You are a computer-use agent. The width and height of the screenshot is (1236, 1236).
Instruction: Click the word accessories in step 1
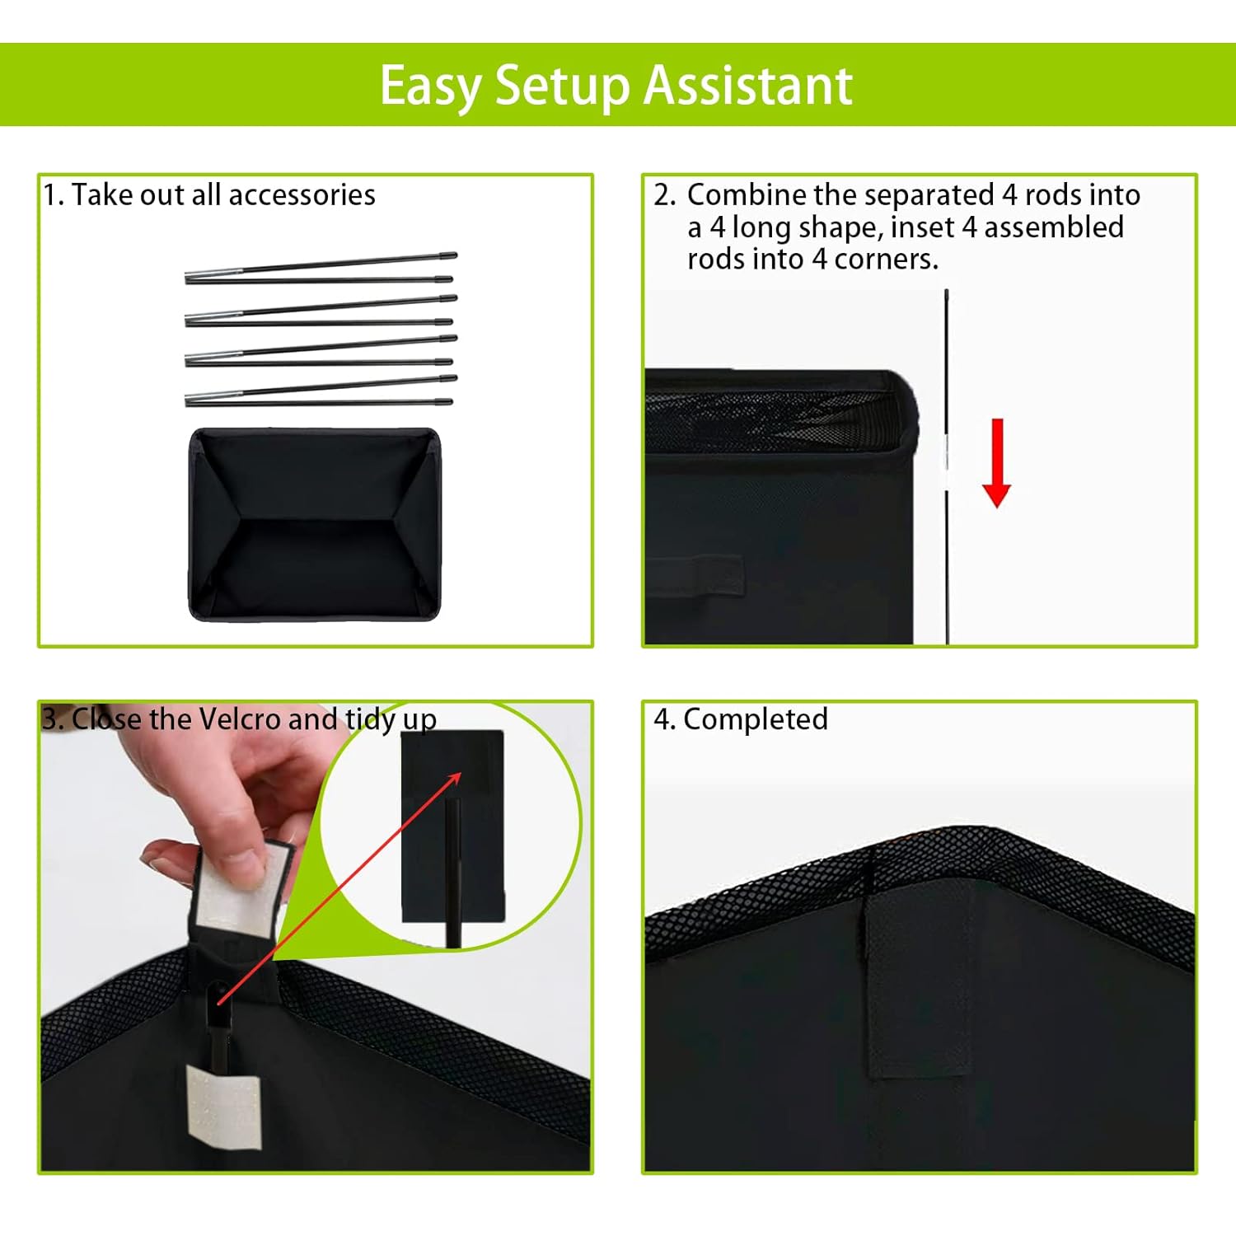point(302,195)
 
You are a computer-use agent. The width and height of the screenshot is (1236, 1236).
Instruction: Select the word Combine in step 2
point(747,195)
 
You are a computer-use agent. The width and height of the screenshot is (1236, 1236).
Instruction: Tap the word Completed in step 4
point(756,719)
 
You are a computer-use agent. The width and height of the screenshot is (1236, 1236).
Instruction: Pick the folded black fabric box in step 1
point(315,524)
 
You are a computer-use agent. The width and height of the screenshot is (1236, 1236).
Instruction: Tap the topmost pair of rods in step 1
point(321,269)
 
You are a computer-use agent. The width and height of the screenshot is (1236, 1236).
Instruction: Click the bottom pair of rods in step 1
point(321,392)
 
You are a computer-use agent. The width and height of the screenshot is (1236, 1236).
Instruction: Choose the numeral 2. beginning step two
point(664,195)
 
